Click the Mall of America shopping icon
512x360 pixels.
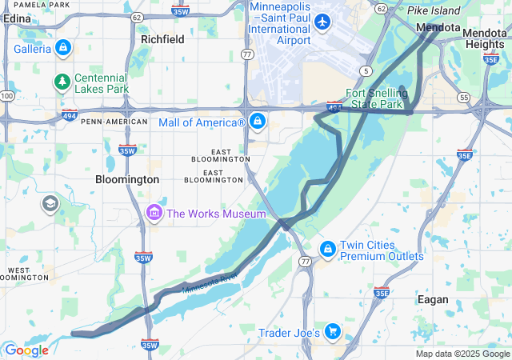(257, 122)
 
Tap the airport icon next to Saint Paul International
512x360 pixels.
(322, 21)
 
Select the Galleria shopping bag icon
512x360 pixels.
(63, 49)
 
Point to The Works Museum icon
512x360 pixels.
(154, 214)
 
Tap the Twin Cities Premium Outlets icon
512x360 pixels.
(327, 250)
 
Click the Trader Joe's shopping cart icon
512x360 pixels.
(333, 332)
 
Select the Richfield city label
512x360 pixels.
(162, 39)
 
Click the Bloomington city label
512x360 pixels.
(126, 180)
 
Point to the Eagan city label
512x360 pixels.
(433, 299)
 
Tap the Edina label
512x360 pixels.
(17, 19)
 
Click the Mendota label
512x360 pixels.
(436, 26)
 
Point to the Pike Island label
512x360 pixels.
(434, 10)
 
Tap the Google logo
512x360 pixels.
(26, 350)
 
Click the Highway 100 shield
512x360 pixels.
(7, 96)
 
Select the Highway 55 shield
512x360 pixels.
(463, 97)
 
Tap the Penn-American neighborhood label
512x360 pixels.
(114, 122)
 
